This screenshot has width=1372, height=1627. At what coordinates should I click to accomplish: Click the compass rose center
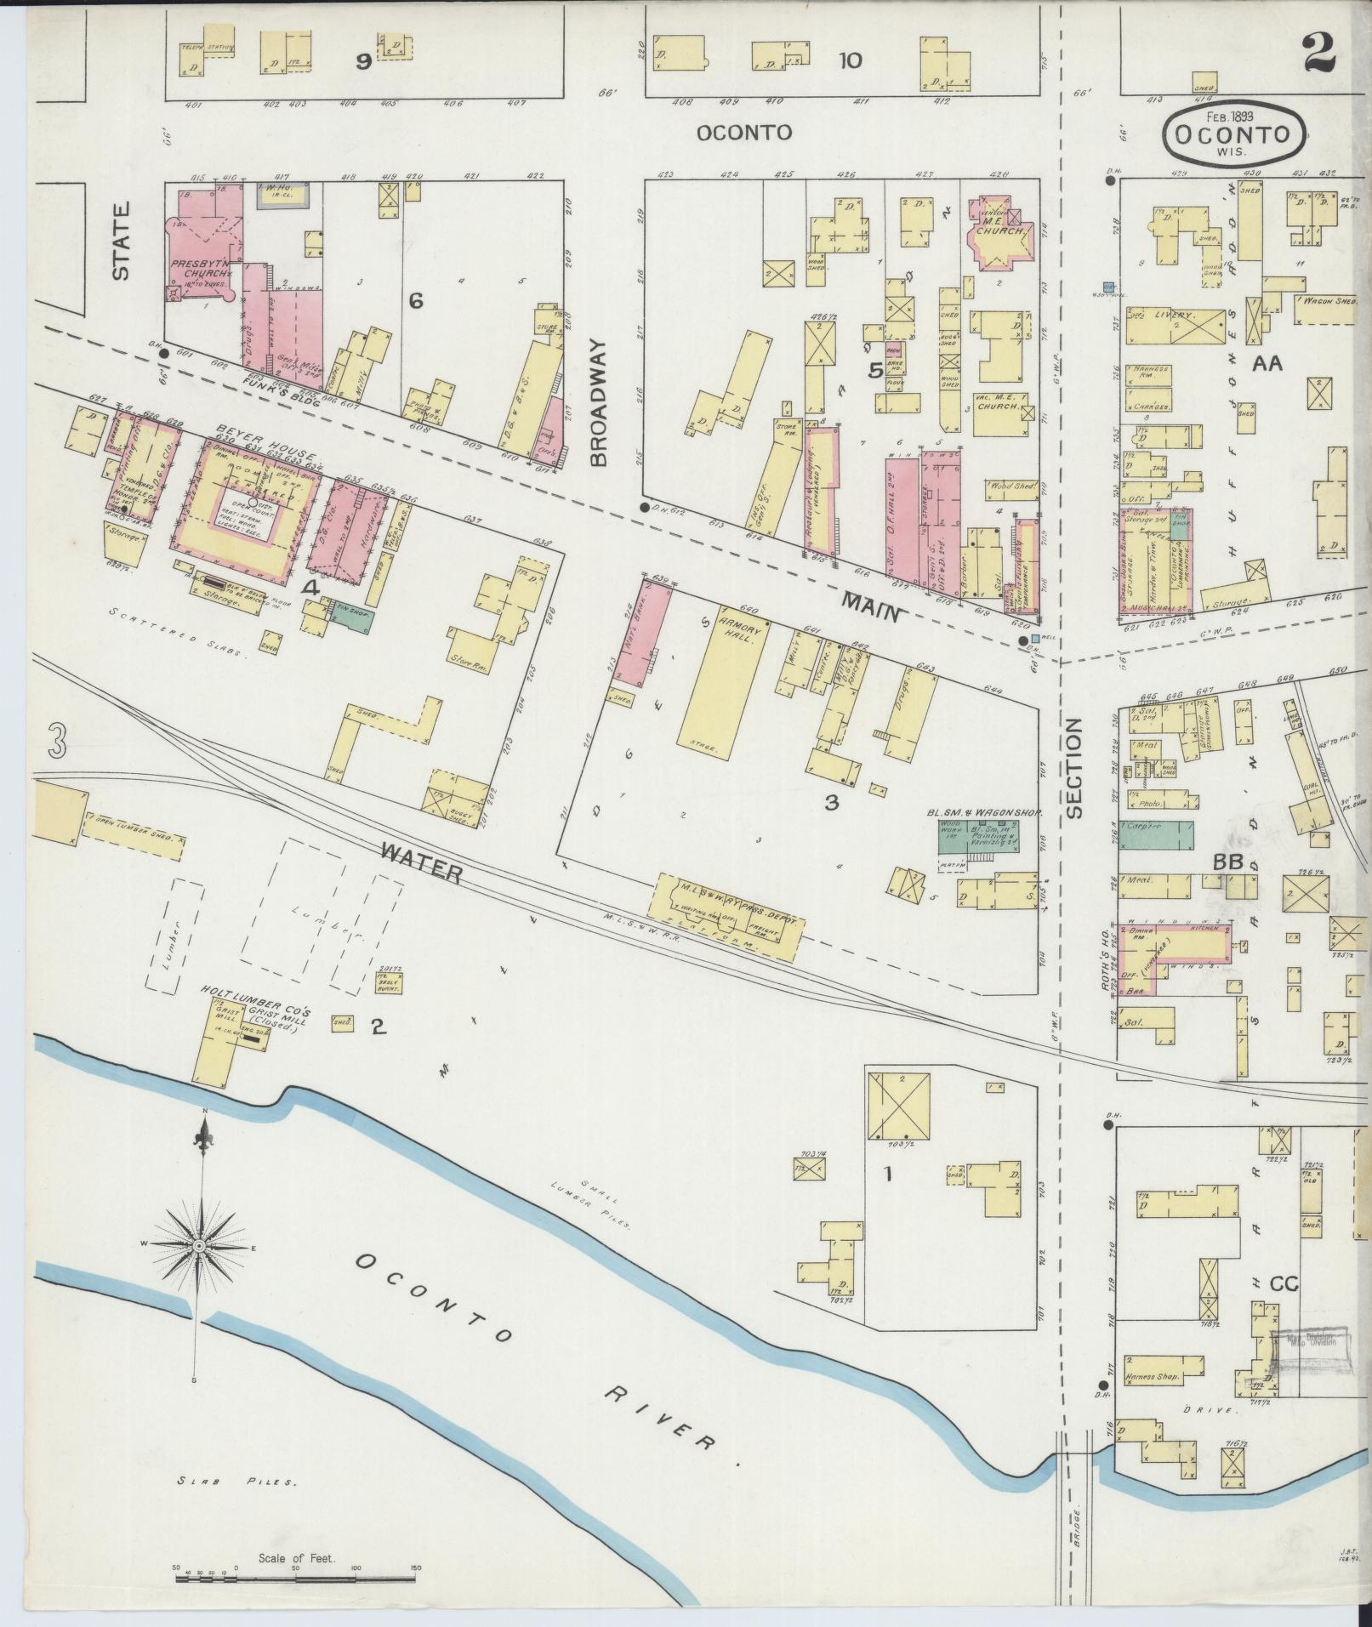[199, 1245]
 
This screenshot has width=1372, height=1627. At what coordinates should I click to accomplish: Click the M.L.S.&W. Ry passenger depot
[728, 917]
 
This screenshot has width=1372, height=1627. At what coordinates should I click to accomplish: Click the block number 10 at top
[850, 60]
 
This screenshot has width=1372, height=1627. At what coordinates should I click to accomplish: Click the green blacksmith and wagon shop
[978, 836]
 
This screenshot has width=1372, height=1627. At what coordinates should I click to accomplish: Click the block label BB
[1228, 862]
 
